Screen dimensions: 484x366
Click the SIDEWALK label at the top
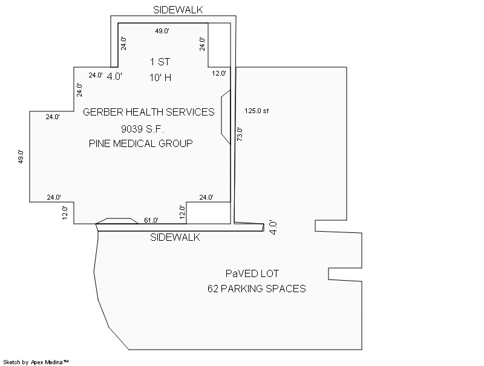178,10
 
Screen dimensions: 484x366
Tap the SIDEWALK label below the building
175,237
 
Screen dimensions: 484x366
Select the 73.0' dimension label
240,134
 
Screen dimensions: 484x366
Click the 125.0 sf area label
257,111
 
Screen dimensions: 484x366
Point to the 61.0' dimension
151,220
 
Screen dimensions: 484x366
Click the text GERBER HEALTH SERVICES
148,112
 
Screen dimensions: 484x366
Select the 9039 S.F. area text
142,129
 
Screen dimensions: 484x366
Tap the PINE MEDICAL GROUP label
141,143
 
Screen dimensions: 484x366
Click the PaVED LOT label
252,273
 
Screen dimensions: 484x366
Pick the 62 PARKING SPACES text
257,289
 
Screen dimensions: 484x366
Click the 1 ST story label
160,62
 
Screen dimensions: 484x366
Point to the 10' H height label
160,77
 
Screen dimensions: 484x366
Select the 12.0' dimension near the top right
219,73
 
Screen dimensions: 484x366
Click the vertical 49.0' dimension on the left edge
21,157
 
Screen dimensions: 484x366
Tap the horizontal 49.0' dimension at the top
162,31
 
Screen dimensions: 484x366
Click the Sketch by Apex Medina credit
36,362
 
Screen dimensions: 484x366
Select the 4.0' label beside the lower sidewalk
273,227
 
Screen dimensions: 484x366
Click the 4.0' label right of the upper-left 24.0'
114,76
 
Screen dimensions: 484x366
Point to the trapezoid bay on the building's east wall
226,117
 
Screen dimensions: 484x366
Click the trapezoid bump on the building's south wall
117,221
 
